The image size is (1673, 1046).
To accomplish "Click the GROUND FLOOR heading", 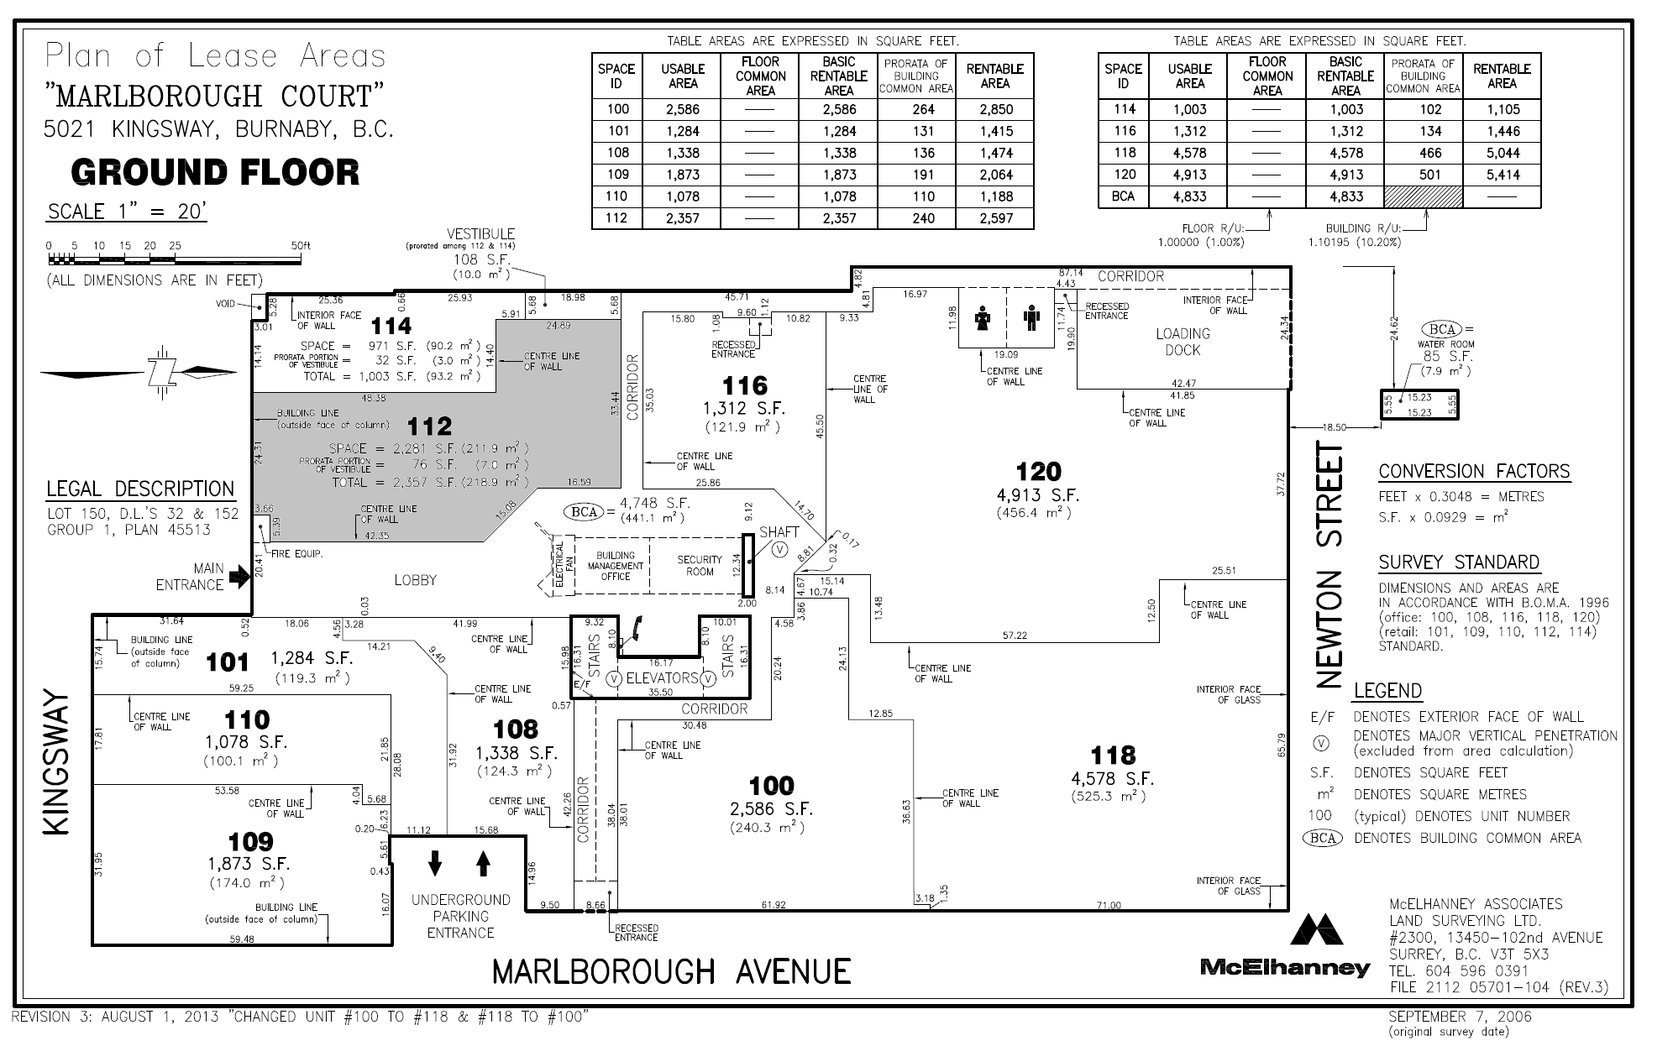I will [216, 172].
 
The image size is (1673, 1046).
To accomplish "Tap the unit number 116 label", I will [745, 386].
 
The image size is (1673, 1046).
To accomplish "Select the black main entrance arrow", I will [240, 576].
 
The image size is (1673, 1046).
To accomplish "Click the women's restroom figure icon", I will [983, 319].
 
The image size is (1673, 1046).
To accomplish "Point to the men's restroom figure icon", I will [1032, 319].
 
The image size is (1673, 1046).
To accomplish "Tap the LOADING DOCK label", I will [1183, 342].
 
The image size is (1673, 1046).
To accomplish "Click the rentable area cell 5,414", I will [1501, 175].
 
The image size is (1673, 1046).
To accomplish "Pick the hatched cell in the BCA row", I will [1424, 196].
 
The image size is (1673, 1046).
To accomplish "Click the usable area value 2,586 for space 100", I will [683, 109].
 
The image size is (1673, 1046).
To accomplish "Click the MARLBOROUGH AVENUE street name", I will [671, 971].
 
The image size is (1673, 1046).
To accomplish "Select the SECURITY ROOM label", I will [700, 566].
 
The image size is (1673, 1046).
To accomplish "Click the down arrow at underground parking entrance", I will [435, 863].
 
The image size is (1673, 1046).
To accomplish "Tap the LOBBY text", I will [415, 580].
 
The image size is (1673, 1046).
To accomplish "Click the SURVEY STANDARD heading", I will [1459, 562].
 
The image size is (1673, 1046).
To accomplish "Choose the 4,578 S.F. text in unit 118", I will [1112, 779].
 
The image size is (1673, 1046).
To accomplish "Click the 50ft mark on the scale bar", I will [301, 246].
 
